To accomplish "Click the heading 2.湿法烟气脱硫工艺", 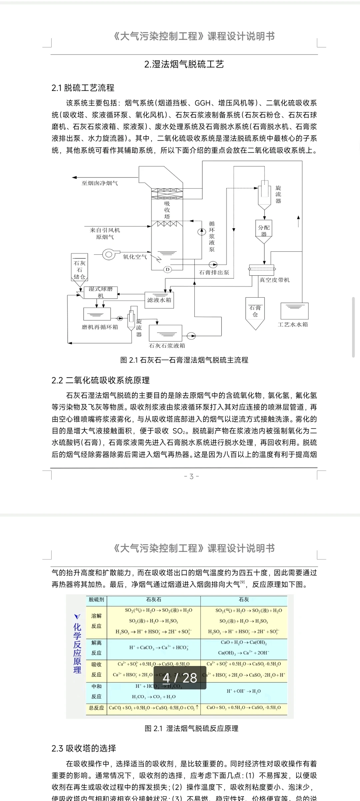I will pyautogui.click(x=184, y=64).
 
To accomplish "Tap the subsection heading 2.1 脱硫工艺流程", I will pyautogui.click(x=83, y=88).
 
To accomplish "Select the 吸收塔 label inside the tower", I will pyautogui.click(x=167, y=210).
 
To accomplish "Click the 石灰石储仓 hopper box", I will pyautogui.click(x=79, y=270).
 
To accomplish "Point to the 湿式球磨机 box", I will pyautogui.click(x=101, y=292).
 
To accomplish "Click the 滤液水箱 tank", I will pyautogui.click(x=159, y=300).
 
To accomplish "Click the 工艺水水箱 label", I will pyautogui.click(x=293, y=324).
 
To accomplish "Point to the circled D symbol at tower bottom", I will pyautogui.click(x=168, y=269).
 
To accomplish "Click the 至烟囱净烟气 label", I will pyautogui.click(x=100, y=183).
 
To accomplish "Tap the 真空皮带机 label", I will pyautogui.click(x=275, y=280).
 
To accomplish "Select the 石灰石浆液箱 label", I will pyautogui.click(x=167, y=346).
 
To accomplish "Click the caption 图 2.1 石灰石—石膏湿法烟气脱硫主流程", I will pyautogui.click(x=184, y=360).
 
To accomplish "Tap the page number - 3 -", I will pyautogui.click(x=191, y=476).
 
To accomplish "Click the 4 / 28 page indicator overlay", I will pyautogui.click(x=180, y=678).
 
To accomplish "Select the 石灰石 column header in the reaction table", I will pyautogui.click(x=154, y=599).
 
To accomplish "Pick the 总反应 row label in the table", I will pyautogui.click(x=96, y=707).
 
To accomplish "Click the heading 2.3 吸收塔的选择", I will pyautogui.click(x=84, y=748).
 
